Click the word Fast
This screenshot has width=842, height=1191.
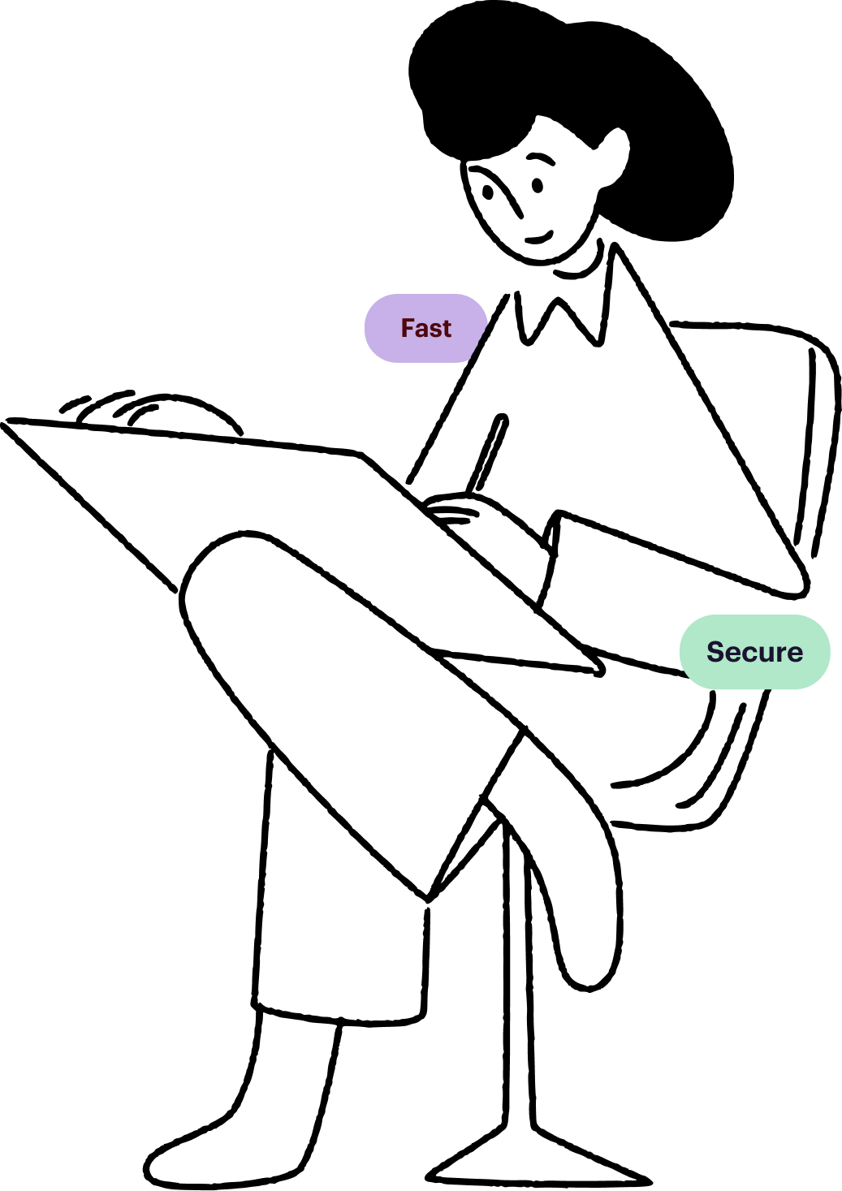425,328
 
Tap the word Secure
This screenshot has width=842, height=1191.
754,652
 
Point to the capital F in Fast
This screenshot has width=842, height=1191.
408,328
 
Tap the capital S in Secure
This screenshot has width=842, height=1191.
715,652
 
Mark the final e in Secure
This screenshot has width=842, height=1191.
792,654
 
